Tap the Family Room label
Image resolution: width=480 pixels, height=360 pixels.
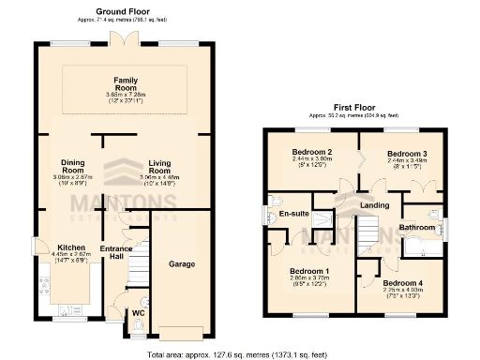[x=127, y=80]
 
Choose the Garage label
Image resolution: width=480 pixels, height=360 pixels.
[x=182, y=264]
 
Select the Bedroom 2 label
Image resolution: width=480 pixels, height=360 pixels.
[x=312, y=152]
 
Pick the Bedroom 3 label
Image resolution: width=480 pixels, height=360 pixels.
[x=409, y=152]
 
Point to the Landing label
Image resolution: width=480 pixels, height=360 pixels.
[x=375, y=205]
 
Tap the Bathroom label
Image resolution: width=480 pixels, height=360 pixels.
[x=417, y=228]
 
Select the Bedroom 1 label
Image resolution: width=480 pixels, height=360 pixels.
[x=310, y=271]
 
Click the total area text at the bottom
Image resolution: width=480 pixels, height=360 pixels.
[x=241, y=354]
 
